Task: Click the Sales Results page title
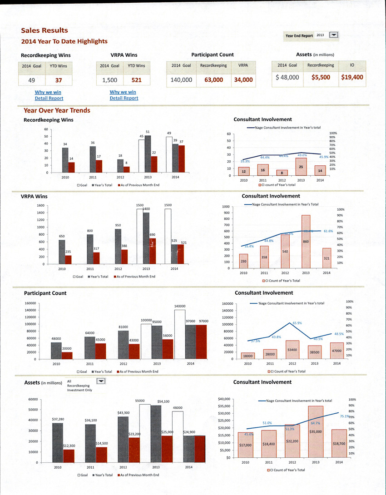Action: [45, 30]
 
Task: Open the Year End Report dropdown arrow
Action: [334, 35]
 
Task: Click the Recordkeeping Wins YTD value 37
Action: [58, 81]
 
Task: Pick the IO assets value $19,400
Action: [352, 77]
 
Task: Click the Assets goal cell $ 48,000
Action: [287, 77]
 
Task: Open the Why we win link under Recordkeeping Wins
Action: [49, 92]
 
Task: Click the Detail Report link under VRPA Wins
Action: [124, 98]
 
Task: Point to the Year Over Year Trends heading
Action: [57, 110]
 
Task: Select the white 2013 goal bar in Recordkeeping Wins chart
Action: [141, 156]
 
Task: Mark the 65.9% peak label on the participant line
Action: [297, 323]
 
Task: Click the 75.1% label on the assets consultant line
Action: [344, 416]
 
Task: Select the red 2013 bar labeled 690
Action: [153, 251]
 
